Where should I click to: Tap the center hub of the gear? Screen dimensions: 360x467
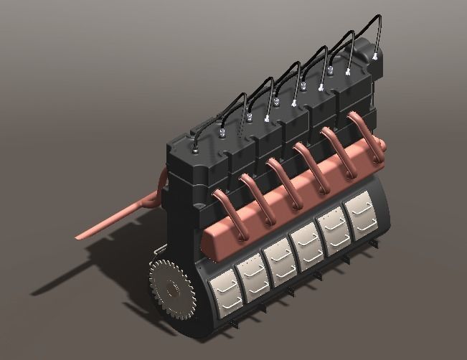tap(171, 290)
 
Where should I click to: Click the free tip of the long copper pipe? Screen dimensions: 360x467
tap(77, 236)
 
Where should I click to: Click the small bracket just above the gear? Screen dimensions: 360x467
tap(159, 251)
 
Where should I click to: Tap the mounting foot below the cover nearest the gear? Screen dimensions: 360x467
tap(237, 326)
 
